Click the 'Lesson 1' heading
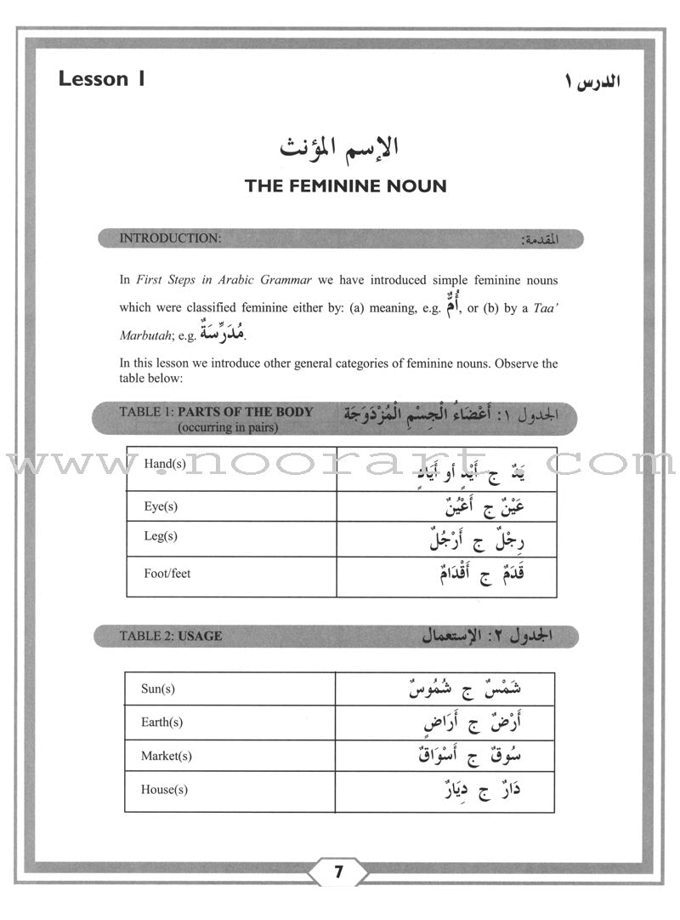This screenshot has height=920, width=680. [101, 79]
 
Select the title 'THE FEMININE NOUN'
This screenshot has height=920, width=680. [345, 186]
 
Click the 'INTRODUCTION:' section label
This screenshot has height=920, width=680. [170, 238]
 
